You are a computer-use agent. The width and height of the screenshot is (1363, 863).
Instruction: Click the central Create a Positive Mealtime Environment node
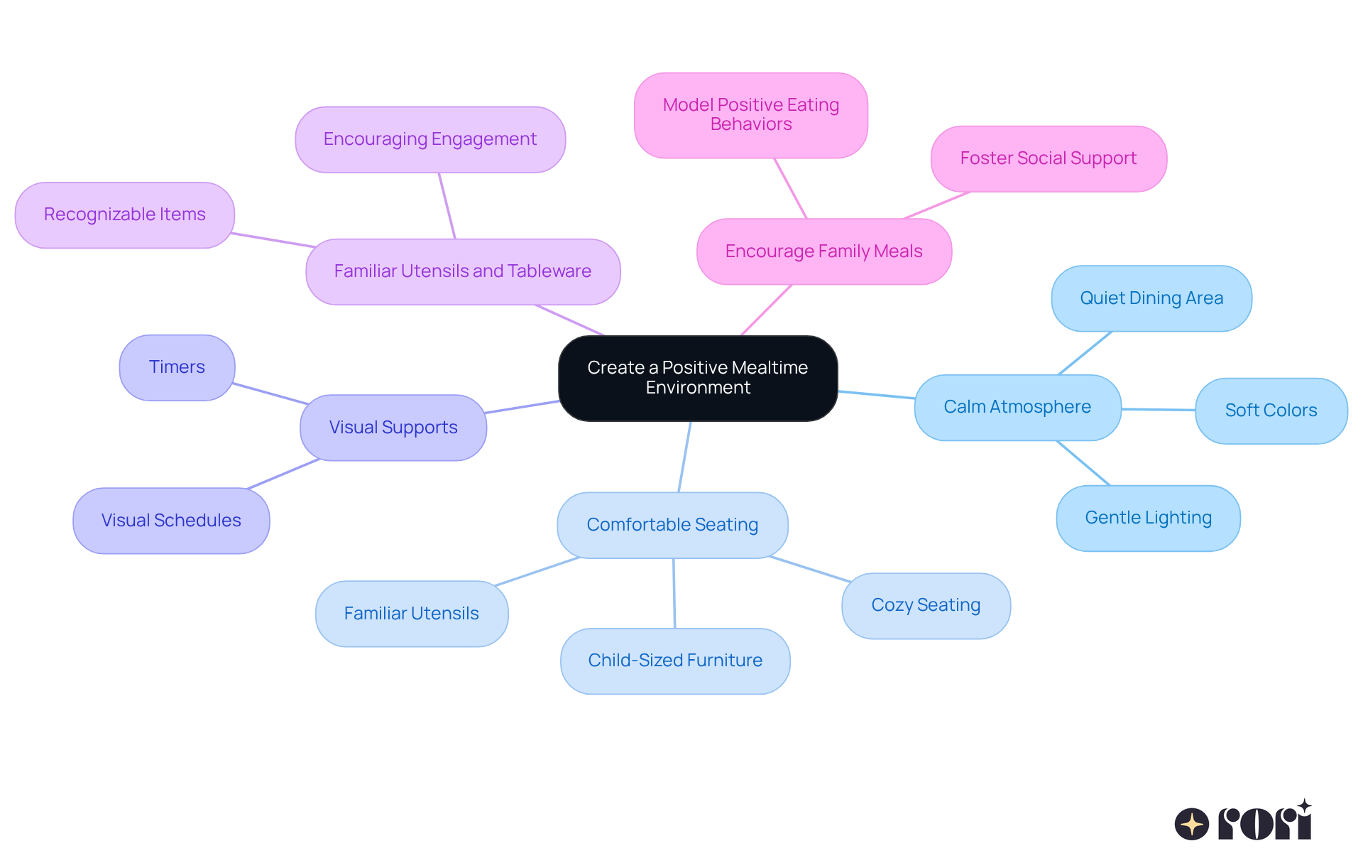point(698,378)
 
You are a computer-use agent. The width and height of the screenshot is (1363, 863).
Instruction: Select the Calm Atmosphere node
point(1017,407)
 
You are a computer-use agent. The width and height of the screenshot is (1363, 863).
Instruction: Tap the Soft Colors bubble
point(1271,411)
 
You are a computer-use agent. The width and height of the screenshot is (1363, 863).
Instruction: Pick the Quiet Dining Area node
point(1151,298)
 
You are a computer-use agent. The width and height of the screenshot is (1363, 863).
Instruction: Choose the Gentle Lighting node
point(1148,518)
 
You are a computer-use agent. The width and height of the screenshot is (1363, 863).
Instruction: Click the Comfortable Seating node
point(672,525)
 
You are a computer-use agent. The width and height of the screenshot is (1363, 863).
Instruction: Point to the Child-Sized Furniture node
point(675,661)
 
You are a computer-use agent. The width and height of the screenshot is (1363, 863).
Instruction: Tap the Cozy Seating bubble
point(926,605)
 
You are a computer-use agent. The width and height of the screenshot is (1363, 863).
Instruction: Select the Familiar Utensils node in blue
point(412,614)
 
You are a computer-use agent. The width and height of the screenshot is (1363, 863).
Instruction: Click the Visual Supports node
point(393,428)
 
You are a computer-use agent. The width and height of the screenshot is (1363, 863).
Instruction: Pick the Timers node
point(177,367)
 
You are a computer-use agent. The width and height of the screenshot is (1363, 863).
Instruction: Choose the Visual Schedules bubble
point(171,521)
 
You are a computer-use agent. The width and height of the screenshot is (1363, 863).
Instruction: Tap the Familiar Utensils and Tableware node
point(463,271)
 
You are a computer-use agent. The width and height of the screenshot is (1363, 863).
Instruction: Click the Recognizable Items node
point(125,215)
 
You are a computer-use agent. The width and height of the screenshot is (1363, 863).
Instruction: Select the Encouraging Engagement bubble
point(430,139)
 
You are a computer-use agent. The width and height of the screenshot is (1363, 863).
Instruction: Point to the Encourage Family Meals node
point(823,251)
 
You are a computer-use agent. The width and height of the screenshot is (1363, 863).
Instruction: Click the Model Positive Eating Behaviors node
point(751,115)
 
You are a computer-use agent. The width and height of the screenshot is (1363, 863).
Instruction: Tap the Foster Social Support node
point(1049,158)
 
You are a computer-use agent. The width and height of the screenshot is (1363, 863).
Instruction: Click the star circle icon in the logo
point(1191,824)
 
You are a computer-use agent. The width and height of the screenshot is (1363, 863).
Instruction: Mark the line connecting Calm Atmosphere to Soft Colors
point(1159,409)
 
